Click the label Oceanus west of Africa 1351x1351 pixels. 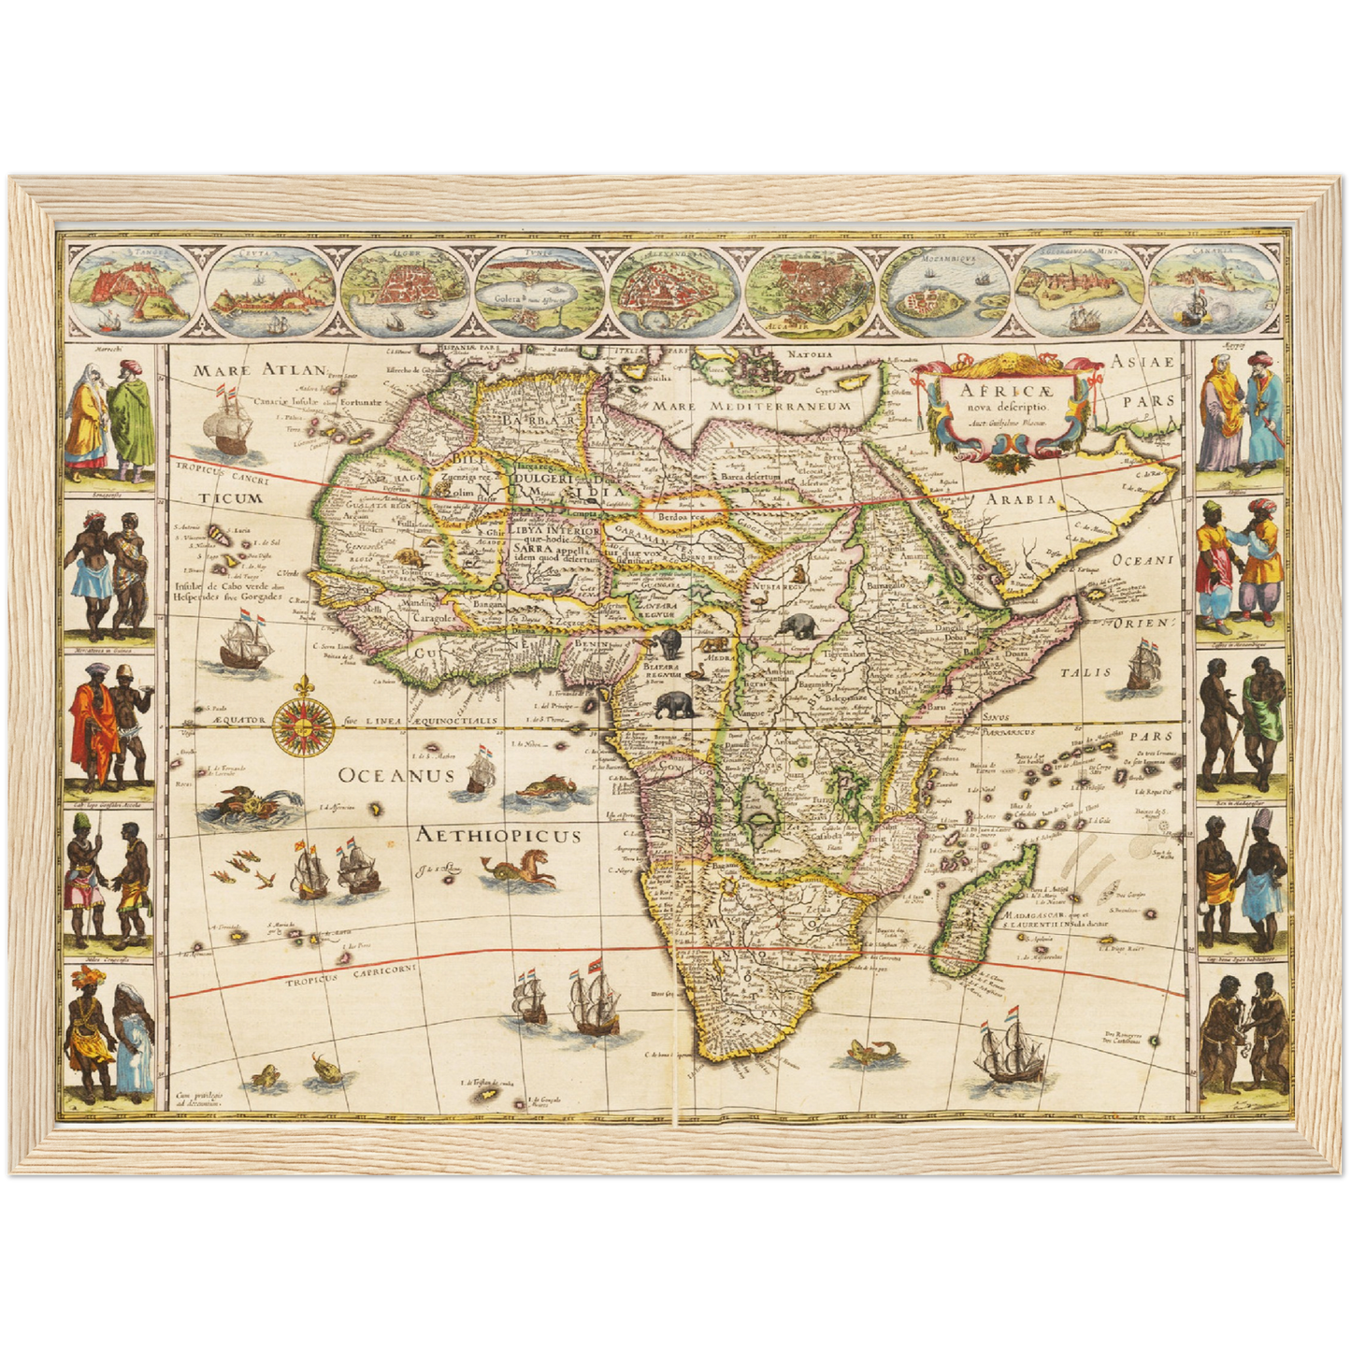click(x=395, y=775)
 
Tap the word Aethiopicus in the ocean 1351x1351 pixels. click(x=499, y=835)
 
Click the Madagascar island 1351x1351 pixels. click(x=986, y=912)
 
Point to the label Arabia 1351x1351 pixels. click(x=1022, y=499)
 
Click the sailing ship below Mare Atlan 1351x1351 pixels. click(x=227, y=422)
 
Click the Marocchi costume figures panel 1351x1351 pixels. click(x=109, y=418)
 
